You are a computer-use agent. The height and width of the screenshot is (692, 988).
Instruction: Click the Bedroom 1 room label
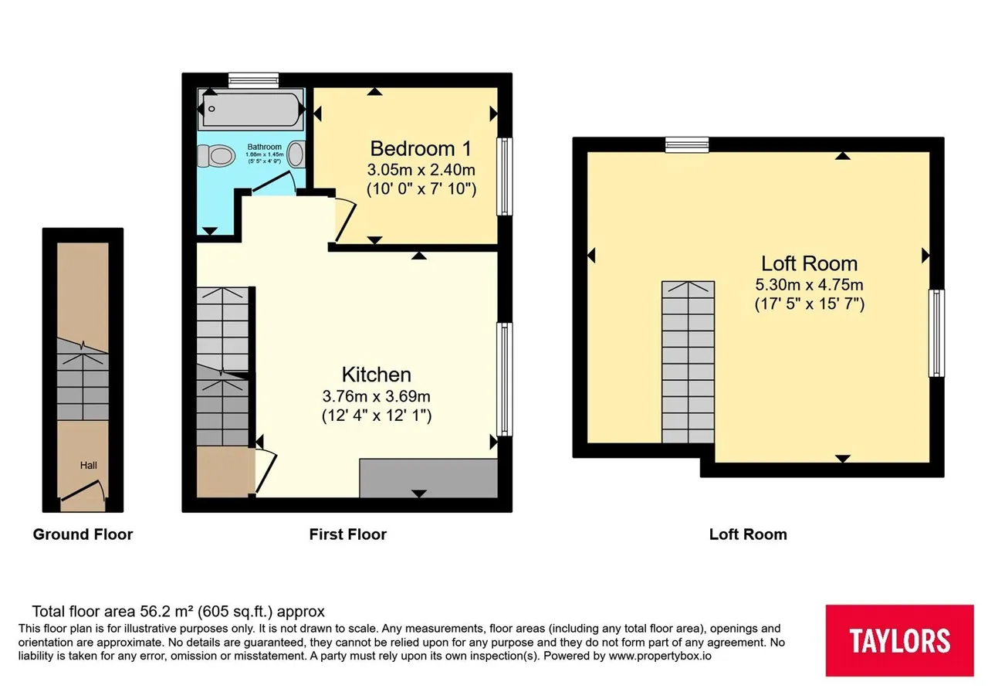click(421, 149)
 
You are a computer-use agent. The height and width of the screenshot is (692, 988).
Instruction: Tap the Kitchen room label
click(376, 375)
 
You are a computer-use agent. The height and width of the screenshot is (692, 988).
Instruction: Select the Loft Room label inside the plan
click(810, 264)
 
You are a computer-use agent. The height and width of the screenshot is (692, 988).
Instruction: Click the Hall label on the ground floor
click(88, 465)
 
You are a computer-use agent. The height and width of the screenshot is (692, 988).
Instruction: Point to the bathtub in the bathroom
click(251, 109)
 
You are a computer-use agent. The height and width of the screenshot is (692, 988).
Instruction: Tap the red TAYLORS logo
click(899, 640)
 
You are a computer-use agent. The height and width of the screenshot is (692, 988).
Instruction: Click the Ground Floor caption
click(83, 534)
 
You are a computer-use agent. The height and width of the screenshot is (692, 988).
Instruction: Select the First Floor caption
click(347, 534)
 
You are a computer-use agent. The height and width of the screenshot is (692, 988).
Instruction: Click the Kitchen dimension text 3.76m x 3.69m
click(376, 396)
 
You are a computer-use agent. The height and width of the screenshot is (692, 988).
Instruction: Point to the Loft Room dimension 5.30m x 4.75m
click(810, 285)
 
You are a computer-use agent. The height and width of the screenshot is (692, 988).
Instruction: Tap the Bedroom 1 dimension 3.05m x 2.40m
click(421, 170)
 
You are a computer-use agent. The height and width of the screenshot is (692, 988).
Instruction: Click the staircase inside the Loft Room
click(688, 362)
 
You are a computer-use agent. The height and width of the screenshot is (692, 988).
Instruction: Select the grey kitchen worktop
click(428, 478)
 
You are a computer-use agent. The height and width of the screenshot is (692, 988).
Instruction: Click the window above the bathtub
click(254, 80)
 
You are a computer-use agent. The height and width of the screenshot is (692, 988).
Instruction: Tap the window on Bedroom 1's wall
click(505, 177)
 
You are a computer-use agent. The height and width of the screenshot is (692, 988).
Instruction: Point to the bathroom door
click(273, 183)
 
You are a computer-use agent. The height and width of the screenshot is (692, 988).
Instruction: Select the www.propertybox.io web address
click(660, 656)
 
